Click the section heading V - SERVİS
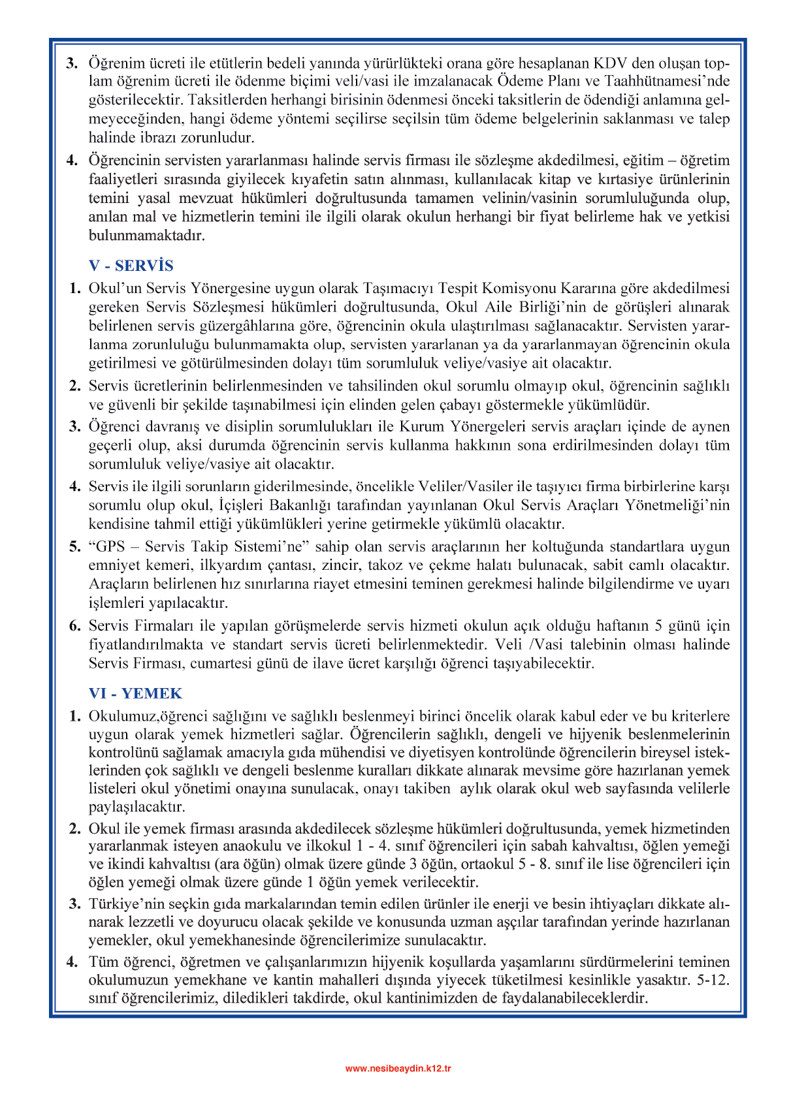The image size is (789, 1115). (131, 266)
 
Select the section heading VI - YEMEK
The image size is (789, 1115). (135, 693)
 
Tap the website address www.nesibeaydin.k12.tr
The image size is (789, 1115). (398, 1069)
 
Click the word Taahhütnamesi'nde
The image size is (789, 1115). (667, 82)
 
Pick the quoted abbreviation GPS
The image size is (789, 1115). (109, 546)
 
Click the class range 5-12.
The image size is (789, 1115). (713, 981)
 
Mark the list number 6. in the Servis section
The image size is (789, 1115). (75, 626)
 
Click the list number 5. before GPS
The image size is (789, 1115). (75, 546)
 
